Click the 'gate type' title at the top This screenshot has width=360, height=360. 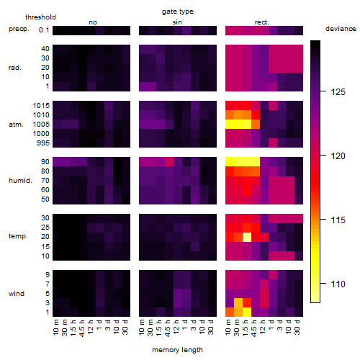tap(178, 12)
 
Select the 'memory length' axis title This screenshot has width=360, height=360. tap(177, 350)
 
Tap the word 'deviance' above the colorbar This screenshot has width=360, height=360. tap(341, 29)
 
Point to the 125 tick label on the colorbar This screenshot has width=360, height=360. tap(338, 92)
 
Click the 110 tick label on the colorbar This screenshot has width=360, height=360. tap(338, 284)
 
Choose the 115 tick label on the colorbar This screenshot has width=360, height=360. tap(338, 220)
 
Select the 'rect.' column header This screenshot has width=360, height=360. tap(262, 22)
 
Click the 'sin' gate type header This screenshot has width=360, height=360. tap(177, 22)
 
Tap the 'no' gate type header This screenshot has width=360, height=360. tap(93, 22)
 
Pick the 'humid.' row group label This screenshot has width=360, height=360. tap(20, 181)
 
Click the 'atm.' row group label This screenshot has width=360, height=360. tap(16, 125)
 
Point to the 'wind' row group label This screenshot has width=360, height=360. tap(17, 294)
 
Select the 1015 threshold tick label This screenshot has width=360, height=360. tap(41, 106)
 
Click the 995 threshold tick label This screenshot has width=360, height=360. tap(43, 143)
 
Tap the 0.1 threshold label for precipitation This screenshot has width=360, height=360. tap(44, 30)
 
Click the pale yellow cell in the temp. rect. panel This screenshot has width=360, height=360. tap(247, 238)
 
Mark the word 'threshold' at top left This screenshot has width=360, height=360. tap(40, 17)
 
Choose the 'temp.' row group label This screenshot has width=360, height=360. tap(18, 236)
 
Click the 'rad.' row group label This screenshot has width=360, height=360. tap(15, 68)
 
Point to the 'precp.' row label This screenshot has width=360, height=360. tap(19, 29)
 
